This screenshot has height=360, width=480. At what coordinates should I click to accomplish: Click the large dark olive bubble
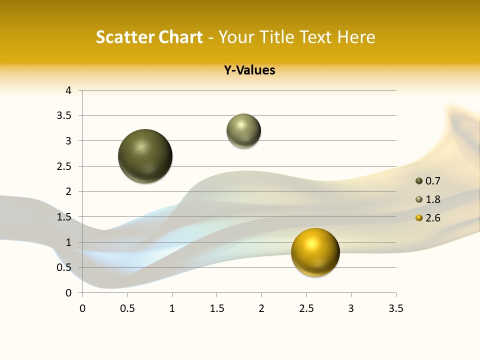click(145, 156)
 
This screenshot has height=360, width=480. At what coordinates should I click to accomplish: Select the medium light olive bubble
click(243, 131)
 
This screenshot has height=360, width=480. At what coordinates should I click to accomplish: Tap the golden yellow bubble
click(315, 252)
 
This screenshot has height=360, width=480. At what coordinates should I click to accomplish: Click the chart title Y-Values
click(249, 70)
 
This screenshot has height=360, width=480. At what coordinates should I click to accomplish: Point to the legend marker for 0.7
click(419, 181)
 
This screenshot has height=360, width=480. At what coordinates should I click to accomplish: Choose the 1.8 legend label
click(433, 199)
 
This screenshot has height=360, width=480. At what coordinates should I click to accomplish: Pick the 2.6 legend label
click(433, 218)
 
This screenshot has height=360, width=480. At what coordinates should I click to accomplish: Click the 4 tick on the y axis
click(68, 90)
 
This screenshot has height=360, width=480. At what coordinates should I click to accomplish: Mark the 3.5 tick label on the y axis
click(64, 116)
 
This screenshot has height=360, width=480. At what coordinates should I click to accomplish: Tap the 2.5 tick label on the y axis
click(64, 166)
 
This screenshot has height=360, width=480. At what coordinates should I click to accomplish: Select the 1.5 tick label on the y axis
click(64, 217)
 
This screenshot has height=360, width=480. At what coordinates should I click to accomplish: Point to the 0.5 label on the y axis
click(64, 267)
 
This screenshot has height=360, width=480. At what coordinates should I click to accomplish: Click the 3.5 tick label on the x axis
click(395, 308)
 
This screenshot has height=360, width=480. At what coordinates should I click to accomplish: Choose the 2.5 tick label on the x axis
click(306, 308)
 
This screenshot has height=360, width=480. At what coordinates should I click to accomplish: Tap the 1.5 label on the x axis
click(216, 308)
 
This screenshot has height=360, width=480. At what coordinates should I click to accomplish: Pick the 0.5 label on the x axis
click(127, 308)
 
